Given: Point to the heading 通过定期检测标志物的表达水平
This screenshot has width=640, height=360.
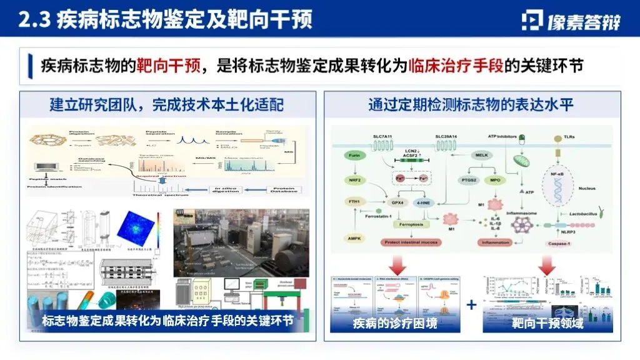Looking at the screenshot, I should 471,104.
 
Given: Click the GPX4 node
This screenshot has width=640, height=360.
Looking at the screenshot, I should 397,202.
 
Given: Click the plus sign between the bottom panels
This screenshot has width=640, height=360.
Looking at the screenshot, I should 471,305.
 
